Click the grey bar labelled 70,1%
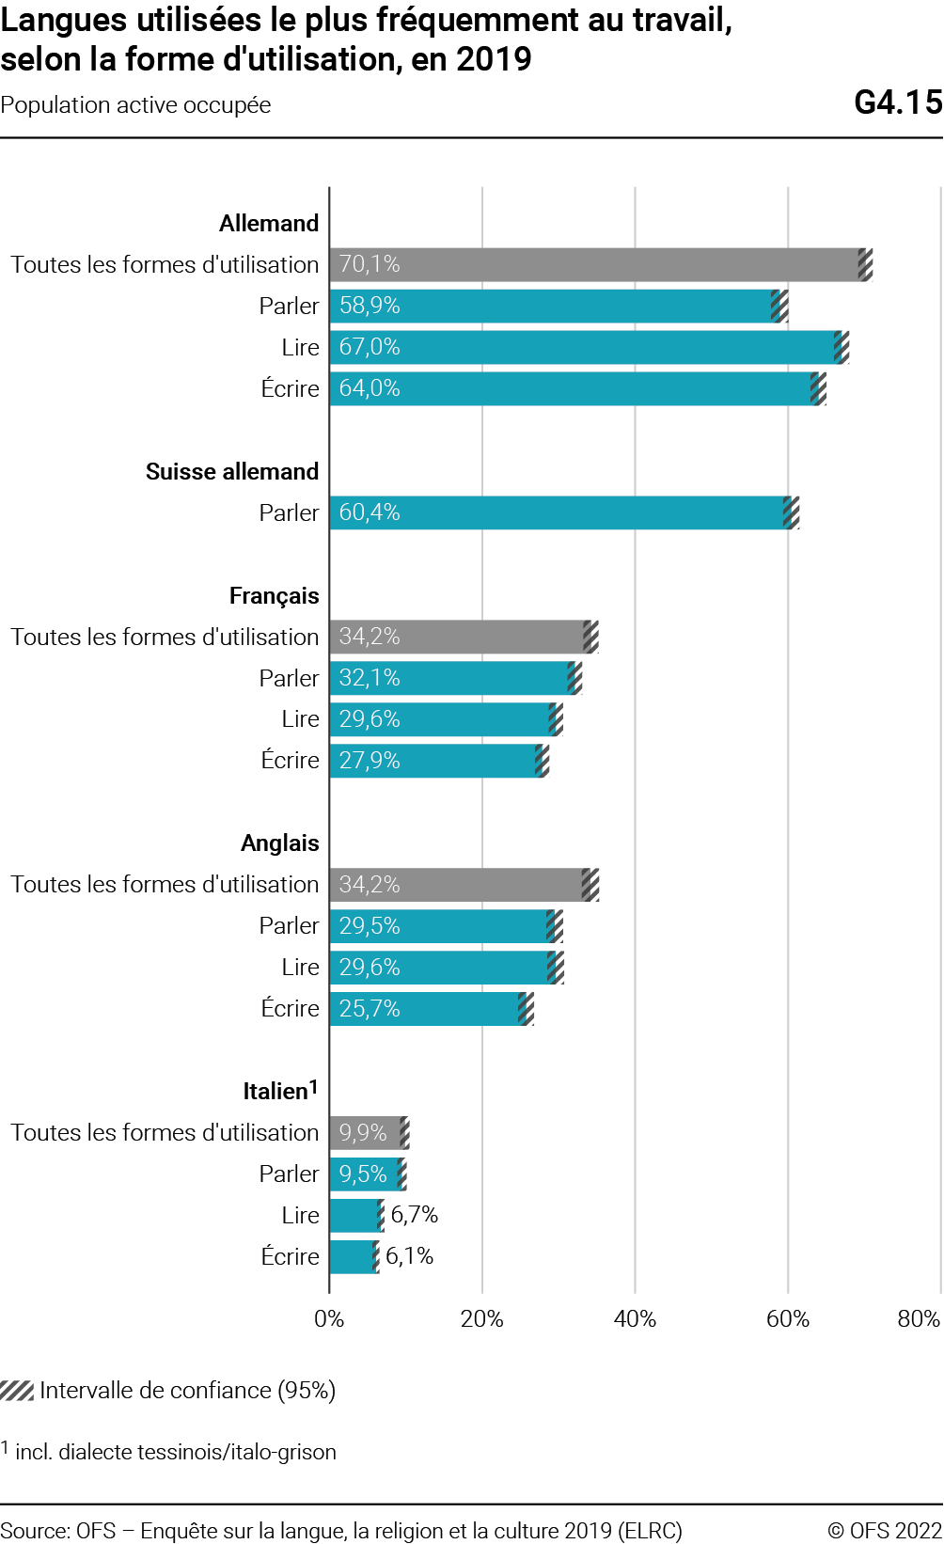coord(592,264)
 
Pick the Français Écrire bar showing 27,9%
coord(433,761)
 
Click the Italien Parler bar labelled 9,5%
coord(364,1174)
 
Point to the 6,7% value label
coord(415,1215)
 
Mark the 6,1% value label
coord(410,1256)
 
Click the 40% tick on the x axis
coord(635,1319)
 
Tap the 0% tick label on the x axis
coord(329,1319)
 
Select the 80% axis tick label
coord(919,1319)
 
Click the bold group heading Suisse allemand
coord(232,471)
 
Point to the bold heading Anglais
coord(280,843)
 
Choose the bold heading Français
coord(275,596)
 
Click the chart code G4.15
coord(898,102)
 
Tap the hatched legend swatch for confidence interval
coord(17,1391)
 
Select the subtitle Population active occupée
coord(135,105)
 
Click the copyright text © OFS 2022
coord(884,1531)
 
